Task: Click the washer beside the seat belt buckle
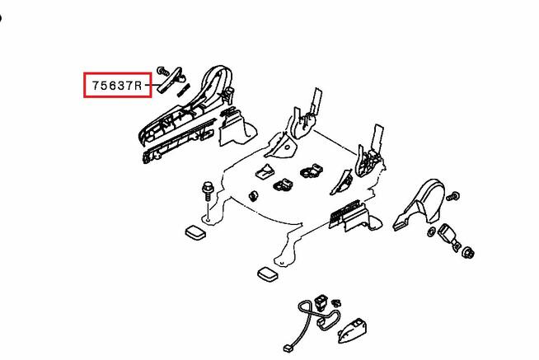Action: click(431, 232)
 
